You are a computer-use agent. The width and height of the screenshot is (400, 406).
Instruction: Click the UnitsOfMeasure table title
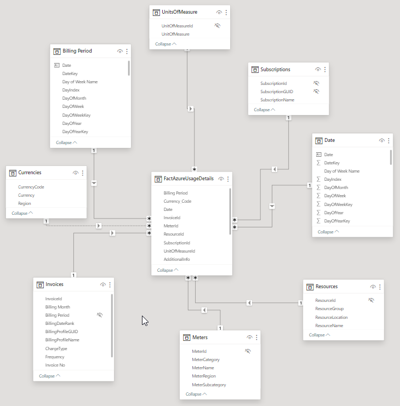[180, 12]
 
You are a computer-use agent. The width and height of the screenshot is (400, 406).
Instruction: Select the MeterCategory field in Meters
[205, 359]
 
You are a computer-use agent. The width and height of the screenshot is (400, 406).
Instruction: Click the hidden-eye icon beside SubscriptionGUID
[316, 92]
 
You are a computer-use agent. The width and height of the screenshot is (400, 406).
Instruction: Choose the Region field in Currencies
[25, 203]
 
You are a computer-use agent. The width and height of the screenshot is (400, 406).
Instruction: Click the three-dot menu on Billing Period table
[127, 51]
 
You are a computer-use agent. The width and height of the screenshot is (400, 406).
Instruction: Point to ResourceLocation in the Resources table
[332, 317]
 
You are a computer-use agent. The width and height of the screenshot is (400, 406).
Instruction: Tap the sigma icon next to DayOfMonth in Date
[318, 187]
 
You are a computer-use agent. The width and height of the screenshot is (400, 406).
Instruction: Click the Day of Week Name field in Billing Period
[80, 82]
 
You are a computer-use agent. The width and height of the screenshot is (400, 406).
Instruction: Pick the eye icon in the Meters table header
[249, 338]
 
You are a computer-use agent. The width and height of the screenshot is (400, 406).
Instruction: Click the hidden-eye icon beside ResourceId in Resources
[371, 300]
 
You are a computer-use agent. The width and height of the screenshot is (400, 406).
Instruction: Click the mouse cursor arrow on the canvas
[145, 321]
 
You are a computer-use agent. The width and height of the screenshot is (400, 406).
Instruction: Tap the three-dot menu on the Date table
[389, 140]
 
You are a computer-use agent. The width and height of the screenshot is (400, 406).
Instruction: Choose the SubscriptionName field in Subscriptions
[277, 100]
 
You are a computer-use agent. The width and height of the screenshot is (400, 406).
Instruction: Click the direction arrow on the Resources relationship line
[249, 302]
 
